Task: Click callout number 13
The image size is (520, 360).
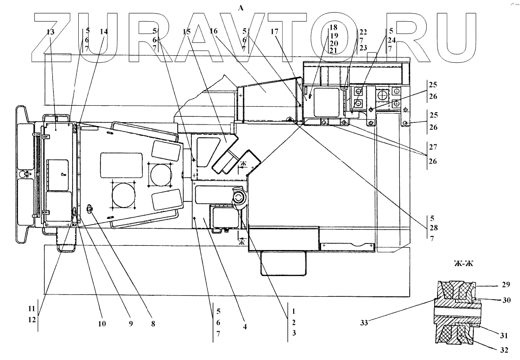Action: [50, 32]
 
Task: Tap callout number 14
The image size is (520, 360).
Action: [104, 32]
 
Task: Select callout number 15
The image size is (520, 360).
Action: [187, 32]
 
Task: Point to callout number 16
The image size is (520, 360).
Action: [214, 31]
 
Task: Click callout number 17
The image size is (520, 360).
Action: [274, 32]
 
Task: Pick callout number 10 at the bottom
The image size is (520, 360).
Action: [102, 324]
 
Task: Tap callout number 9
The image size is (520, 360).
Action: [131, 324]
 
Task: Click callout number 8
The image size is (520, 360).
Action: [153, 324]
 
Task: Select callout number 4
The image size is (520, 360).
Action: [245, 327]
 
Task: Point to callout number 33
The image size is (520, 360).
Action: [364, 323]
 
